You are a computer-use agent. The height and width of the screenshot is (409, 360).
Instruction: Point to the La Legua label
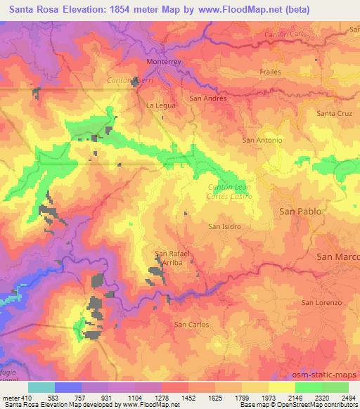click(x=158, y=105)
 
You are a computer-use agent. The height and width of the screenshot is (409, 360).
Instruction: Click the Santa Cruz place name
click(x=334, y=113)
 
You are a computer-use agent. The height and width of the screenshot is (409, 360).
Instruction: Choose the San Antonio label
click(x=262, y=140)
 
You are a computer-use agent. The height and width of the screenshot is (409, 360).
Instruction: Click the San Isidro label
click(x=225, y=226)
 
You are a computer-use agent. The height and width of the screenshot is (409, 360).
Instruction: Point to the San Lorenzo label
click(x=321, y=302)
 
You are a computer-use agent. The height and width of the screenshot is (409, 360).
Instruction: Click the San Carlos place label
click(x=191, y=325)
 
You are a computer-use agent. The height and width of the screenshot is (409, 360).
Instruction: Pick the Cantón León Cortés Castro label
click(x=231, y=191)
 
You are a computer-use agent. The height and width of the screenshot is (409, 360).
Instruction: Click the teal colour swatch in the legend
click(x=41, y=387)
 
